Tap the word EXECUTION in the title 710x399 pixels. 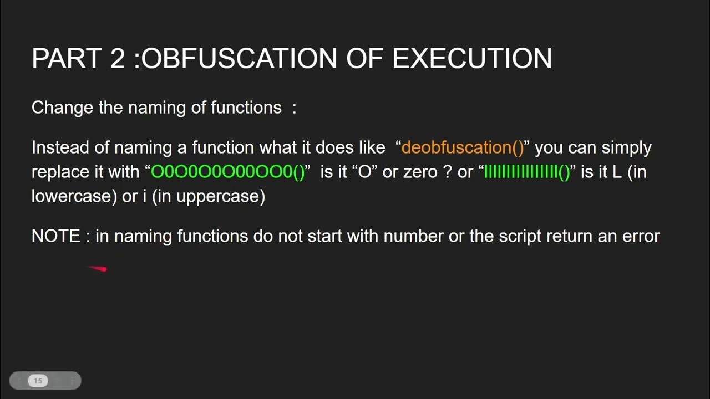point(472,59)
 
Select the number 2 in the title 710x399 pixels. point(118,59)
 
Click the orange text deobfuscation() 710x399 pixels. point(463,147)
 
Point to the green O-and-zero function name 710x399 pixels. point(228,172)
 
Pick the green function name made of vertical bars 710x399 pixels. point(527,172)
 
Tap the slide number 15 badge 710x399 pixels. point(38,381)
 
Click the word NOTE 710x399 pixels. point(55,236)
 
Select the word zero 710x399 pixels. point(421,172)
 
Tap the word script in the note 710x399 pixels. point(520,236)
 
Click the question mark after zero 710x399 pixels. point(448,172)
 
